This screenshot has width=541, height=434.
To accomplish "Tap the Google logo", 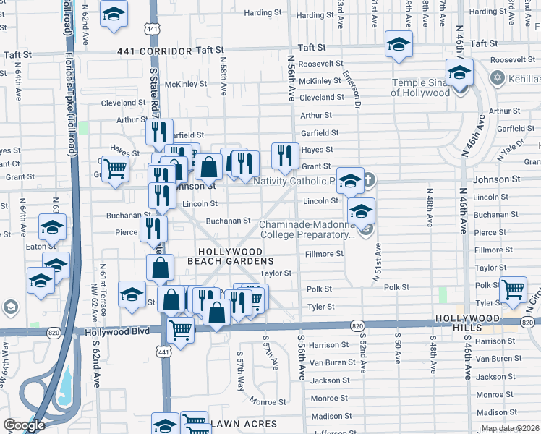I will pos(24,425).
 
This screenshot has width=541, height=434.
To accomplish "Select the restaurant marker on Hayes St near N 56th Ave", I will pos(285,155).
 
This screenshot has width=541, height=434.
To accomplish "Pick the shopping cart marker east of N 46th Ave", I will pos(513,289).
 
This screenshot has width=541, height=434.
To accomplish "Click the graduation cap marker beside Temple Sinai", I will pos(459,72).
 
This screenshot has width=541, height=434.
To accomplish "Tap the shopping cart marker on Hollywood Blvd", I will pos(180,331).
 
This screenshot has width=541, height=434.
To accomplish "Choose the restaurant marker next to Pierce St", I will pos(153,228).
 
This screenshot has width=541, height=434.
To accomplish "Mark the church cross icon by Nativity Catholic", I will pos(368,179).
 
